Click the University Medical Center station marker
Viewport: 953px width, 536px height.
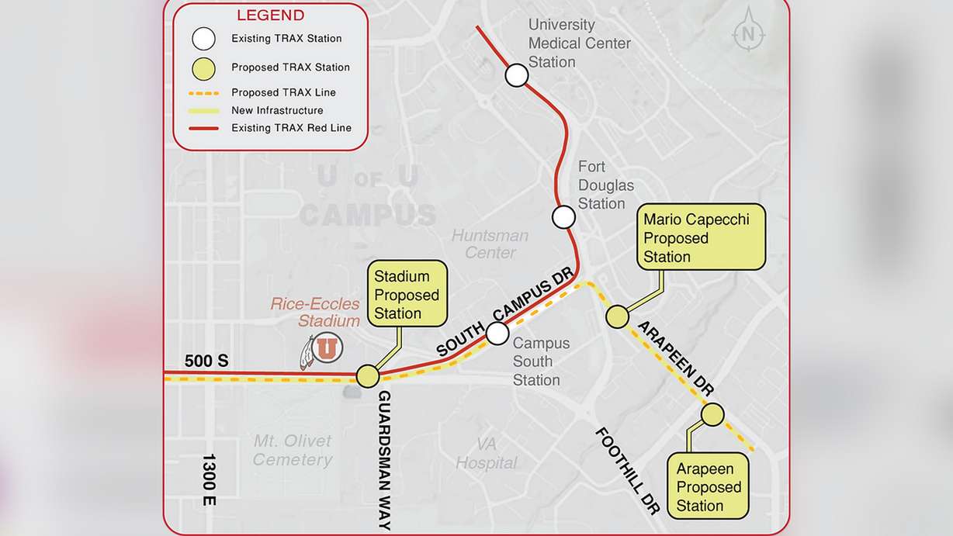(517, 75)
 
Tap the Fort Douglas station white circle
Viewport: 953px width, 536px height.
(563, 217)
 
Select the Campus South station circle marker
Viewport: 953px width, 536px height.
(497, 334)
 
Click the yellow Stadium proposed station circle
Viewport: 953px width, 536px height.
(368, 376)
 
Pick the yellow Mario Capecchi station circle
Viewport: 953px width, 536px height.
(617, 316)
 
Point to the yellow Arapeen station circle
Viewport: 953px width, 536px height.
(712, 415)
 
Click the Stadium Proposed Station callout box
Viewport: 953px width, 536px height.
(407, 295)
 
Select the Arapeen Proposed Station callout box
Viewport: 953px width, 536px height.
(709, 486)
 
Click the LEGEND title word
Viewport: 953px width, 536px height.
(270, 16)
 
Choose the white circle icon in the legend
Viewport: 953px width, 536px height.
(204, 38)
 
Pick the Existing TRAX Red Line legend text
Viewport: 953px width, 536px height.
(291, 128)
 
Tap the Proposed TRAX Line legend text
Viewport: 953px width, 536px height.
(283, 92)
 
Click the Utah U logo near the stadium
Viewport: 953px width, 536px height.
(327, 348)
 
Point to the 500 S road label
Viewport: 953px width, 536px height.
(206, 361)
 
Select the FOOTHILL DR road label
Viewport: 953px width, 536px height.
(627, 470)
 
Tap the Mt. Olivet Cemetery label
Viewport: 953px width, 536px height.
(293, 451)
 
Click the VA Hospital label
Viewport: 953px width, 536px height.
(486, 454)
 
